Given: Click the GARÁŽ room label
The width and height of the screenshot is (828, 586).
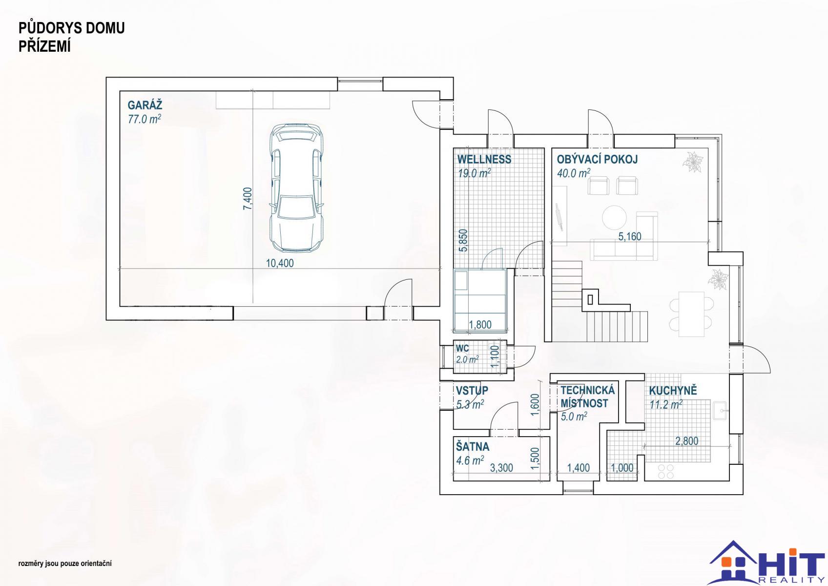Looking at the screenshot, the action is [x=145, y=105].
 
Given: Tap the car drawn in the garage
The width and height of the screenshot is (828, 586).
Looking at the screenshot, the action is [x=296, y=188].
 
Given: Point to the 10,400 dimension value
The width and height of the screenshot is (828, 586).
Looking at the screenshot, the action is [x=280, y=263].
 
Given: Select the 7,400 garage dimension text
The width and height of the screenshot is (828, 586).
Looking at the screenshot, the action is [x=248, y=199].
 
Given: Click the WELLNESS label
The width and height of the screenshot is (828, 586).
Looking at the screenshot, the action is [x=484, y=159].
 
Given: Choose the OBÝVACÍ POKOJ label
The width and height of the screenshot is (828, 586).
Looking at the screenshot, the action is [x=598, y=159].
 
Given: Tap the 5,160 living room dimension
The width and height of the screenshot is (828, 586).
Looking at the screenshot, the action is [x=630, y=236].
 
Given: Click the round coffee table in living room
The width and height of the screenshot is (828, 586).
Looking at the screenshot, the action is [x=614, y=217].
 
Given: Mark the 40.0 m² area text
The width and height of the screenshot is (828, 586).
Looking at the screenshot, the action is [x=573, y=173].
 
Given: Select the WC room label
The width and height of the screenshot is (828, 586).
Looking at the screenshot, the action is [x=462, y=348].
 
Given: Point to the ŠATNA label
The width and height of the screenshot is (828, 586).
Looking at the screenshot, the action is [x=473, y=447].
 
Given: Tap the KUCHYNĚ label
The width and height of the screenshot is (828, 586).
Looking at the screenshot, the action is [x=673, y=390].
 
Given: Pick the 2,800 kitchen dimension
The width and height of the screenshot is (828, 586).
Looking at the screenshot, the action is [x=687, y=440].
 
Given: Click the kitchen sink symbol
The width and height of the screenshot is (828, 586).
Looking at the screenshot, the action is [x=719, y=411].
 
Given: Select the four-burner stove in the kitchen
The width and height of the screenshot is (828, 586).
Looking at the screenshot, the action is [x=666, y=471].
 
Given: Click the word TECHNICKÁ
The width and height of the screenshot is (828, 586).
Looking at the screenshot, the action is [x=587, y=390].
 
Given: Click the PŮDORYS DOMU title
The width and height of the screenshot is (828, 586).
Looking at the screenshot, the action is [x=72, y=28].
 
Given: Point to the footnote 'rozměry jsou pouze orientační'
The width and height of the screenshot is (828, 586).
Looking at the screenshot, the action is [x=65, y=564].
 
